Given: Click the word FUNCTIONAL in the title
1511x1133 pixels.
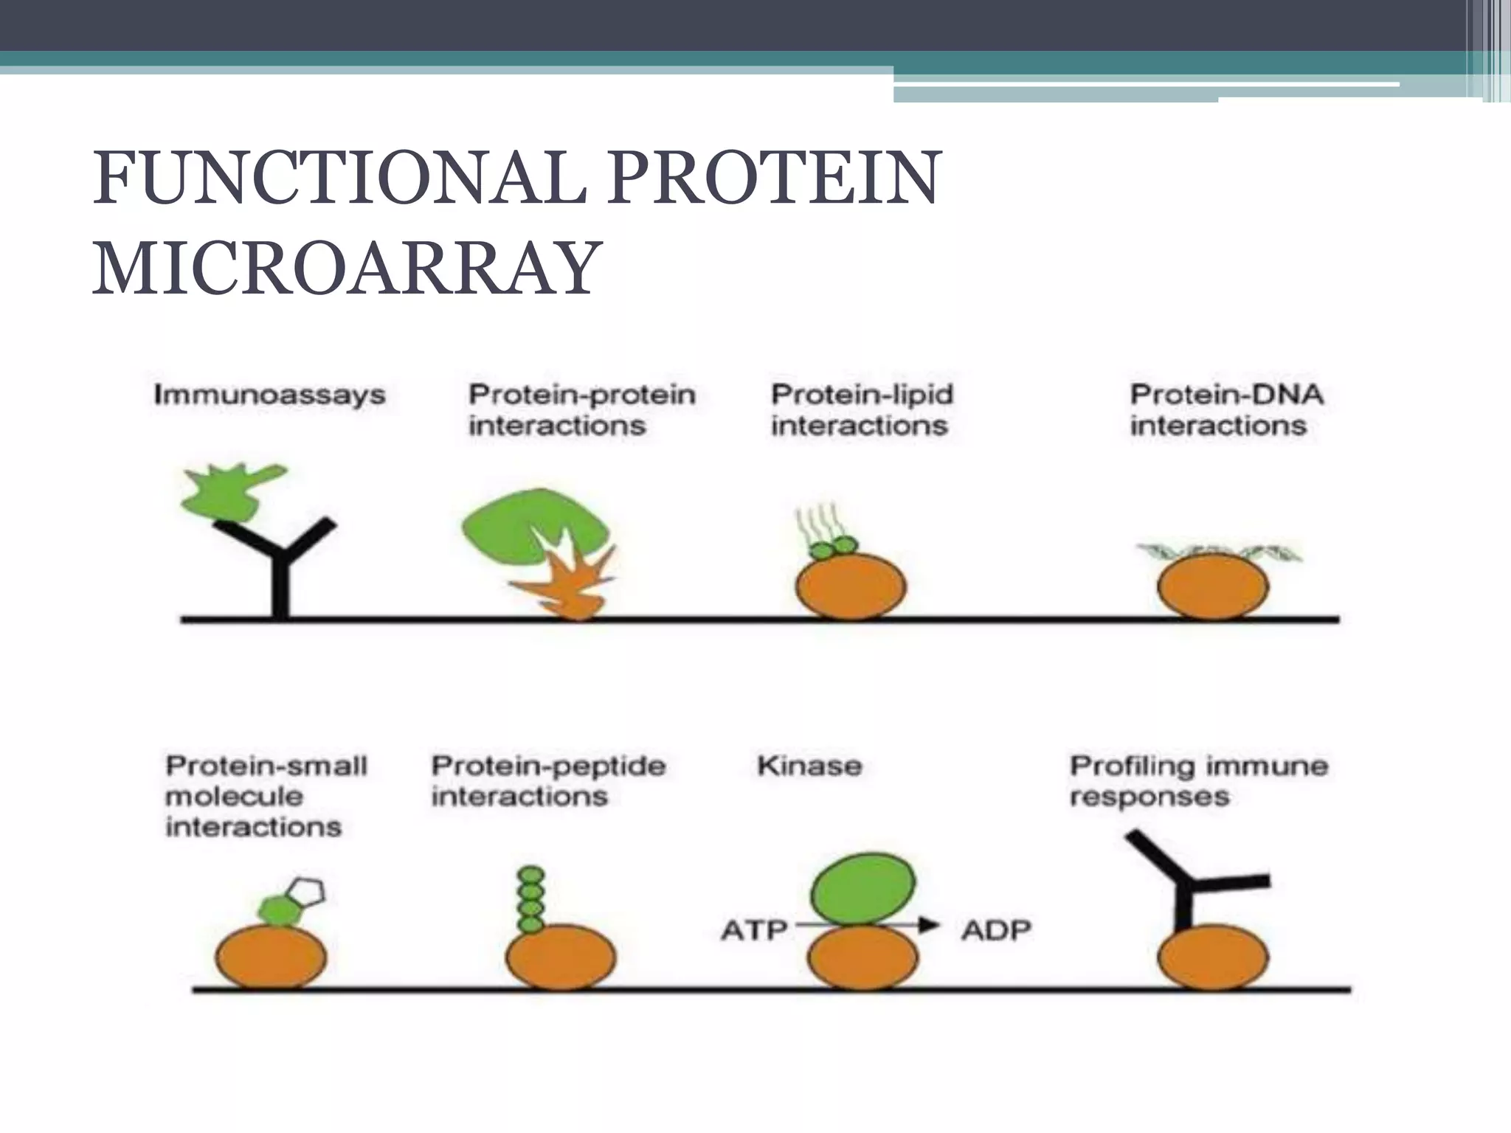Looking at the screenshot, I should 339,179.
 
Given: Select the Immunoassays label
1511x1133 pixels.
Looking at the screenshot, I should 269,395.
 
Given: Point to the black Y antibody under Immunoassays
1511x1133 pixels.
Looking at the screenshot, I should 280,568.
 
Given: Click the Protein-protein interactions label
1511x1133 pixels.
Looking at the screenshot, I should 581,410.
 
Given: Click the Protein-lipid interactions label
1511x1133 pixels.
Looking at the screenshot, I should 862,410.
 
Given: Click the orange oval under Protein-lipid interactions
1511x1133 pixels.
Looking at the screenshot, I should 851,587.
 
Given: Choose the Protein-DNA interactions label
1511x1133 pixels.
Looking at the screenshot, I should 1226,410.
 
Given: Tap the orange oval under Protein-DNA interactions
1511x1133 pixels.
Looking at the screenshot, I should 1212,587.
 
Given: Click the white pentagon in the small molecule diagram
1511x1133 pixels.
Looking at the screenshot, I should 305,892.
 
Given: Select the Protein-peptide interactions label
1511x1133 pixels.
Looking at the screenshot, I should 547,780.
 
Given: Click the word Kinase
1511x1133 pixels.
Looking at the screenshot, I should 809,766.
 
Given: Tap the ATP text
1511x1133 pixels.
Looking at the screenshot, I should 753,930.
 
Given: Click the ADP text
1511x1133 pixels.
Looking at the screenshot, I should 996,930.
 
